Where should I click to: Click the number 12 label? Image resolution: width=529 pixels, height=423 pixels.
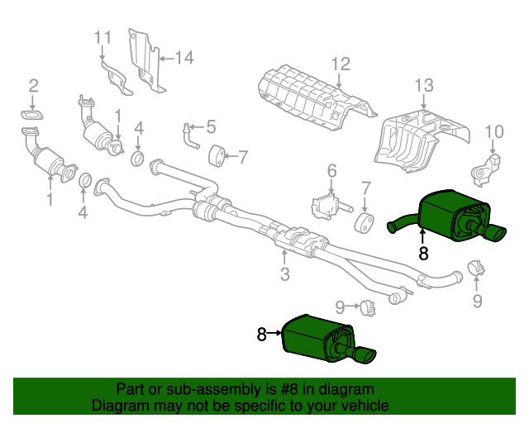341,64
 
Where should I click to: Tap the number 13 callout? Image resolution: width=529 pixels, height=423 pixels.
423,85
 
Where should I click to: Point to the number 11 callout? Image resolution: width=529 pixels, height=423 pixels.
102,37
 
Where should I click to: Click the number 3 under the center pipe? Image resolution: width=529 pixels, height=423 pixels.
284,274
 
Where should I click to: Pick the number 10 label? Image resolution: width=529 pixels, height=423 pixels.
493,131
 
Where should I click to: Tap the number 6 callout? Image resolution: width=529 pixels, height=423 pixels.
331,171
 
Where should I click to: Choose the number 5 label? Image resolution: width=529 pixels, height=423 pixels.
211,127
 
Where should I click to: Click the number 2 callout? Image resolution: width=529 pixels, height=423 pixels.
34,85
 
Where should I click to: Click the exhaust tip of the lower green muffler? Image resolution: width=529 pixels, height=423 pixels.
365,355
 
